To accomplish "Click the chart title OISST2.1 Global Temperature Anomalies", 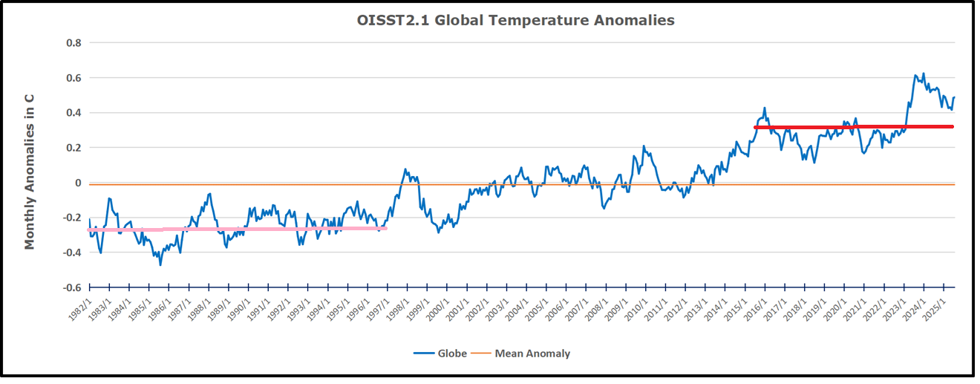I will (516, 20).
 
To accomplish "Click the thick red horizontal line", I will (854, 127).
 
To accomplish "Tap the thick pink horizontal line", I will (238, 229).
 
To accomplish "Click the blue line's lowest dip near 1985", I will (160, 264).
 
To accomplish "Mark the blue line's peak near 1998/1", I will (406, 169).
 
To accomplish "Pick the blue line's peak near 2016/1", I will (765, 108).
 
